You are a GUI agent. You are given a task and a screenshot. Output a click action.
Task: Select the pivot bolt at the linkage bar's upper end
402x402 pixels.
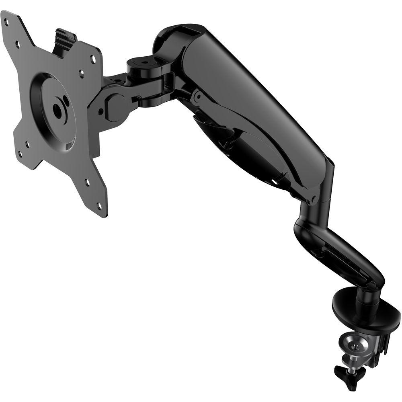point(197,96)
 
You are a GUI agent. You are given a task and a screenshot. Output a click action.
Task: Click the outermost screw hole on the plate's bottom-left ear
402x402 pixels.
point(19,152)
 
